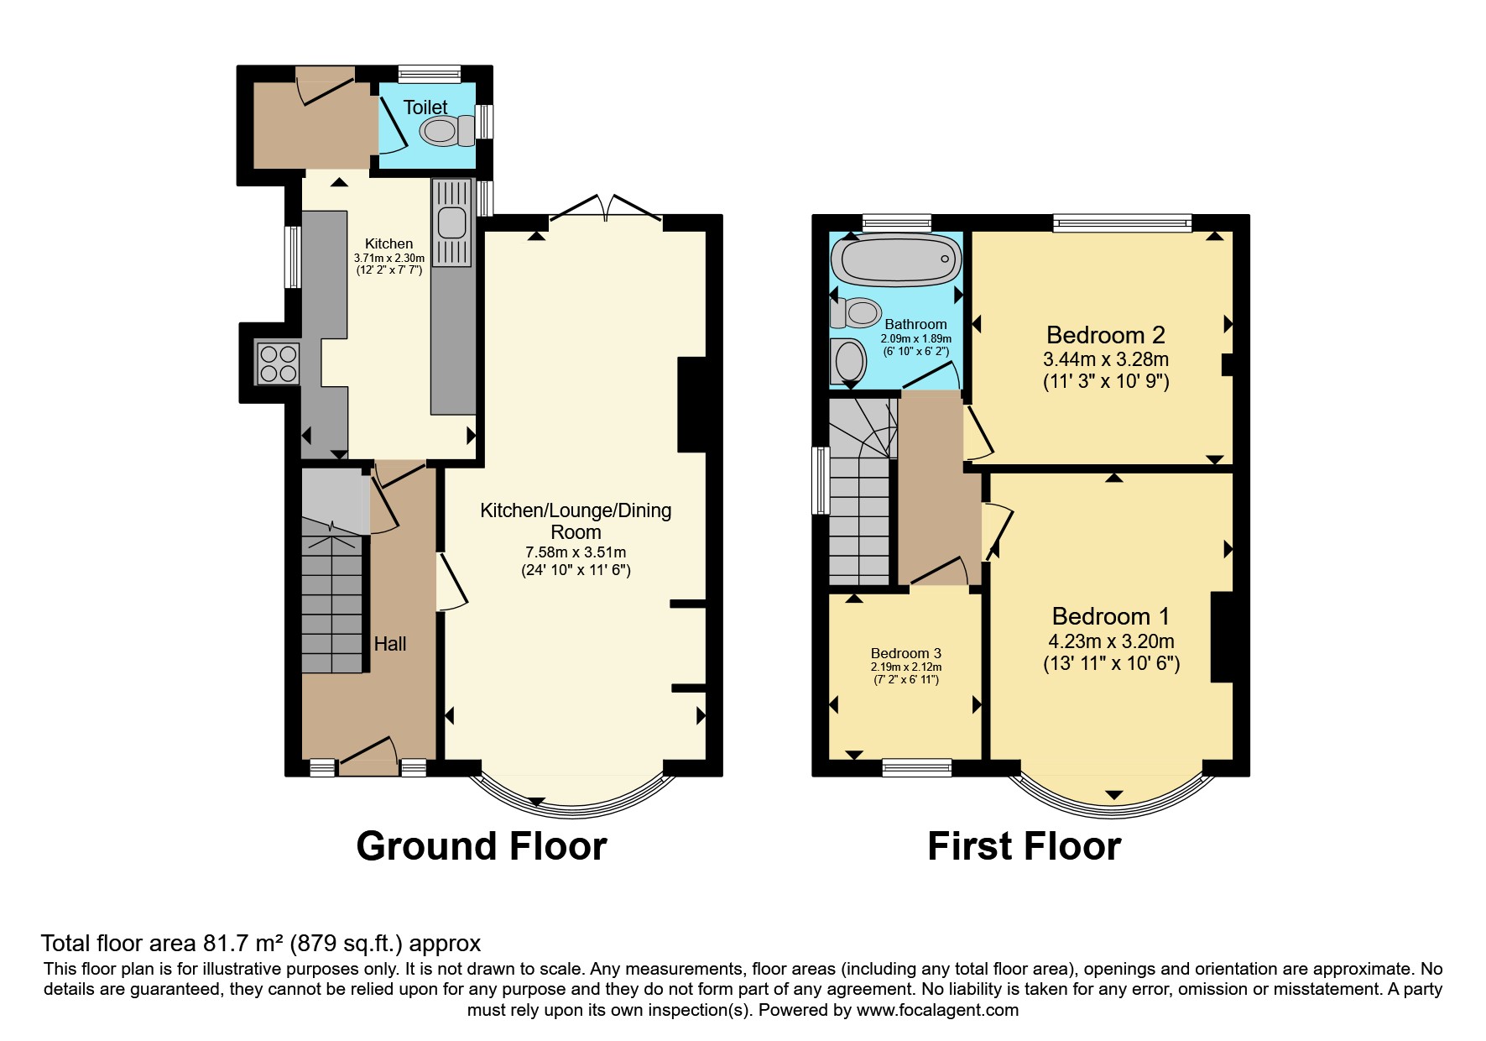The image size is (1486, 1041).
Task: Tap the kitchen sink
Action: coord(451,222)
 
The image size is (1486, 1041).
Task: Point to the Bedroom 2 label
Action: coord(1106,335)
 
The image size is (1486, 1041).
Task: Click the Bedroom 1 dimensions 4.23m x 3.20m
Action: coord(1111,641)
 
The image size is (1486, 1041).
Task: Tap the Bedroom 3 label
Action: coord(905,653)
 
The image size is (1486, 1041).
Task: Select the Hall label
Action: coord(390,644)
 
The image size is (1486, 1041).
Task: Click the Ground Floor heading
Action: coord(482,846)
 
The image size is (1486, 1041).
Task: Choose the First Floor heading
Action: coord(1024,846)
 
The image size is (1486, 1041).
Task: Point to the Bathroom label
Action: coord(915,324)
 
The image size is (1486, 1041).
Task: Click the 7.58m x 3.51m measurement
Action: coord(576,552)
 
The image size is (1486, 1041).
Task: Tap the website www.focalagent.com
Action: coord(937,1010)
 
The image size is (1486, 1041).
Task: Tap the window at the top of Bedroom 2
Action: coord(1123,223)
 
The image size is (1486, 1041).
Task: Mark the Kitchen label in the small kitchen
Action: coord(388,243)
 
